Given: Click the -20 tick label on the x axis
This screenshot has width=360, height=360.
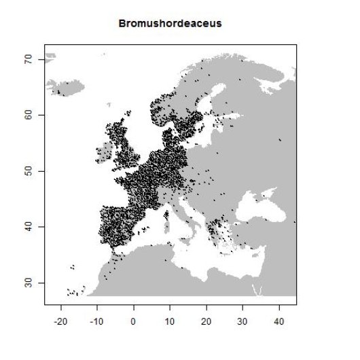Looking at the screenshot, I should [60, 318].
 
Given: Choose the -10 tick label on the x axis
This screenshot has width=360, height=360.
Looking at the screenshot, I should [96, 318].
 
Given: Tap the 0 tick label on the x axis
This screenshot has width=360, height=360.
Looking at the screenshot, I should [133, 318].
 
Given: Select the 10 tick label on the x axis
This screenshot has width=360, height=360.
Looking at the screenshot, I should [170, 318].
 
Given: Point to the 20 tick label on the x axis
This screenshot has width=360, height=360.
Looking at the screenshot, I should [206, 318].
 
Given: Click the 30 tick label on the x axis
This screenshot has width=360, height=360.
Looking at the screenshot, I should [242, 318].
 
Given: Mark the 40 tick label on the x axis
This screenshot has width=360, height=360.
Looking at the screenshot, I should [278, 318].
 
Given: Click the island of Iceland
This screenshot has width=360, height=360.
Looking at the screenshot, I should [65, 87].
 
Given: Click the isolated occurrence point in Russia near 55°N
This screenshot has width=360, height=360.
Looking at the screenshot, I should [280, 140].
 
